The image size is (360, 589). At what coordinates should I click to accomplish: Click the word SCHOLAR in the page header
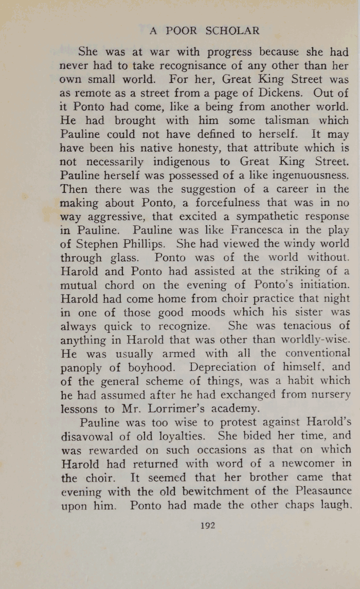click(x=232, y=31)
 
